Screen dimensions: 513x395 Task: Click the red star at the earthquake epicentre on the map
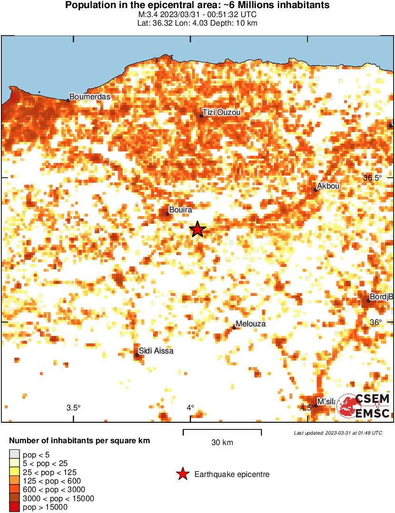pos(198,230)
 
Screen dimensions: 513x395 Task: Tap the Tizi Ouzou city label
pos(222,113)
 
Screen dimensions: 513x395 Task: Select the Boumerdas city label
pos(90,97)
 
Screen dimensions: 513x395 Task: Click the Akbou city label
pos(328,186)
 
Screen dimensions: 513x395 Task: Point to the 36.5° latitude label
pos(372,178)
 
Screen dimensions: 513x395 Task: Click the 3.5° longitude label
pos(73,408)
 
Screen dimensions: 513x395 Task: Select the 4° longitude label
pos(190,408)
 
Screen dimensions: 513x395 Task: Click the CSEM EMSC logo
pos(364,406)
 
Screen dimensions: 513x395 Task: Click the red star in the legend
pos(182,474)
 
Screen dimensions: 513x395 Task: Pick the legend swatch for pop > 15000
pos(14,507)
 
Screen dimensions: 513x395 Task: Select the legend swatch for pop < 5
pos(14,455)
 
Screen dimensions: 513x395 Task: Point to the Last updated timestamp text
pos(337,433)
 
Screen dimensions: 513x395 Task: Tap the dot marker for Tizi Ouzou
pos(202,116)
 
